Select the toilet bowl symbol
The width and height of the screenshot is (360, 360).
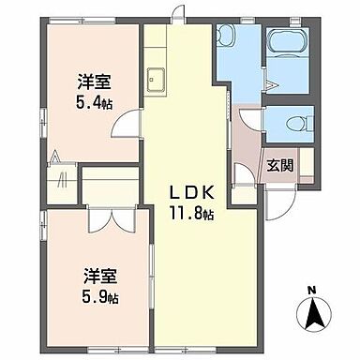pyautogui.click(x=298, y=121)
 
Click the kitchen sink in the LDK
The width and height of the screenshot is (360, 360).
pyautogui.click(x=156, y=79)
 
